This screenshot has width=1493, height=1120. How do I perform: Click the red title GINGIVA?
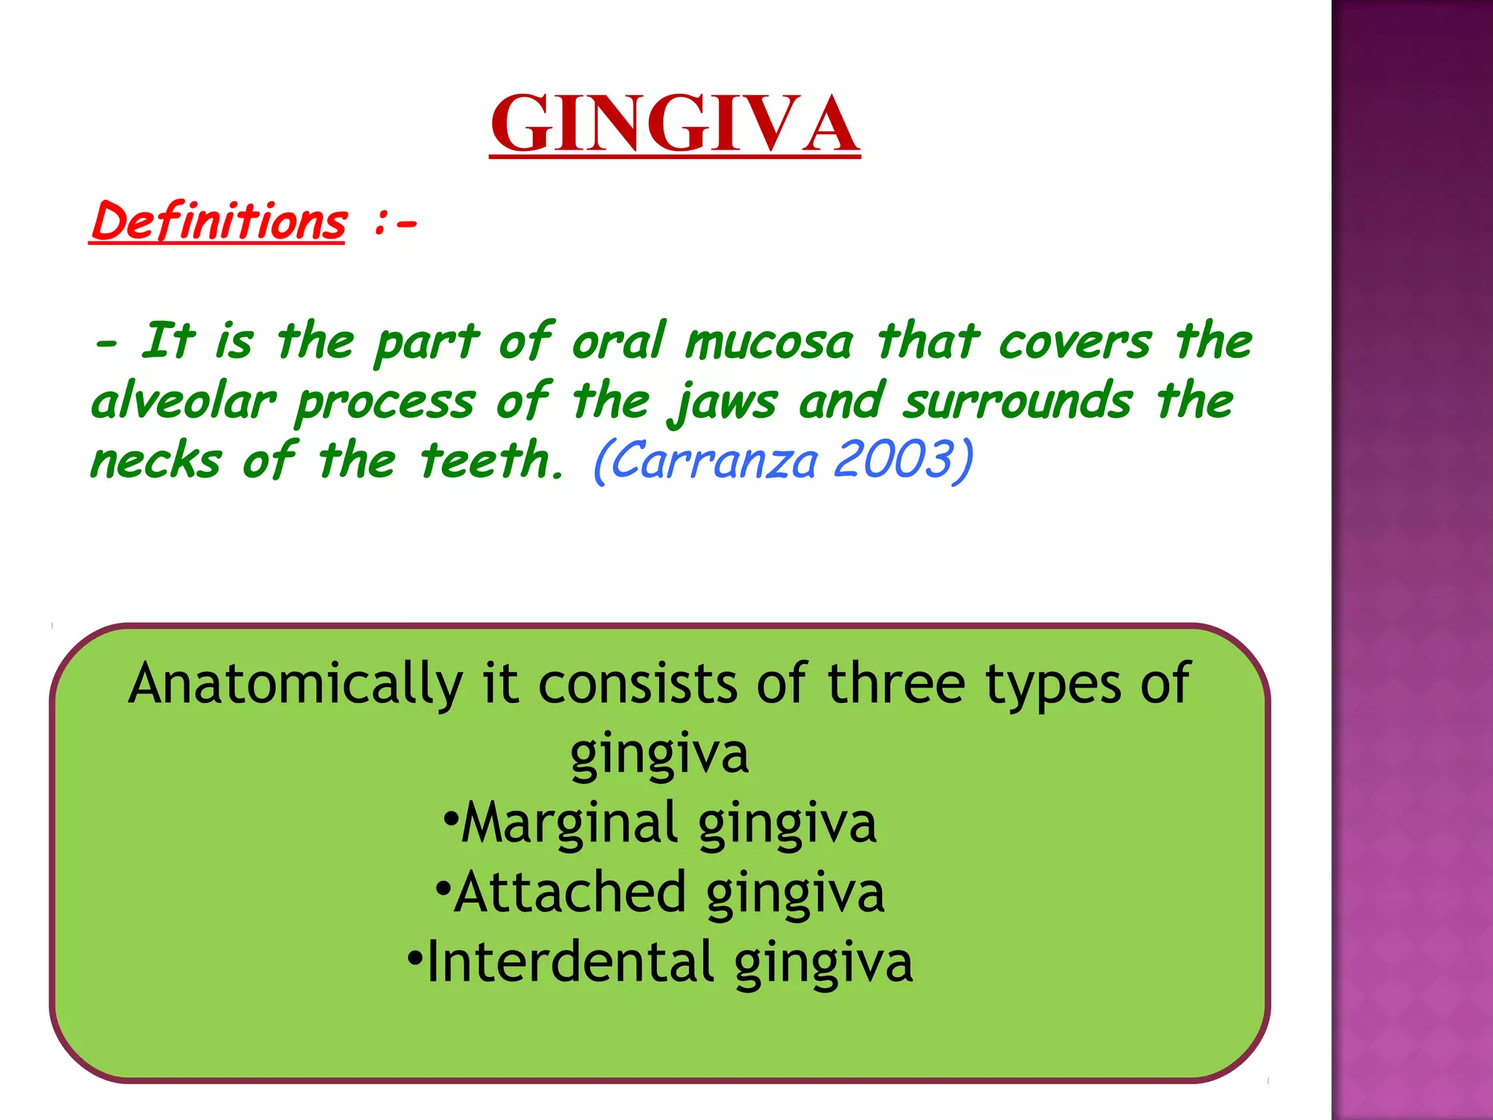[x=674, y=124]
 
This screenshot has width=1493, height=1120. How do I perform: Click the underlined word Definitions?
[x=218, y=222]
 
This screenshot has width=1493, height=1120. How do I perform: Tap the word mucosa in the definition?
[x=769, y=342]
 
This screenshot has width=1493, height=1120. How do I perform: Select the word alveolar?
[x=184, y=402]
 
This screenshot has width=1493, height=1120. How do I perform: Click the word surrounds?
[x=1018, y=402]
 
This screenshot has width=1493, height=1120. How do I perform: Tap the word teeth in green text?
[x=487, y=461]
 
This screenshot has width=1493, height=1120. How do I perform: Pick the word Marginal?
[x=569, y=822]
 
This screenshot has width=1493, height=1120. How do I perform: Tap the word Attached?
[x=569, y=892]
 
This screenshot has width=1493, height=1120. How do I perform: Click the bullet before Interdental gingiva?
[x=415, y=956]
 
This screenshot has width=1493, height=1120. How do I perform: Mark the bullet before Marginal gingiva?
[x=451, y=817]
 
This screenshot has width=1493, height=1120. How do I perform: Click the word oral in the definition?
[x=618, y=341]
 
